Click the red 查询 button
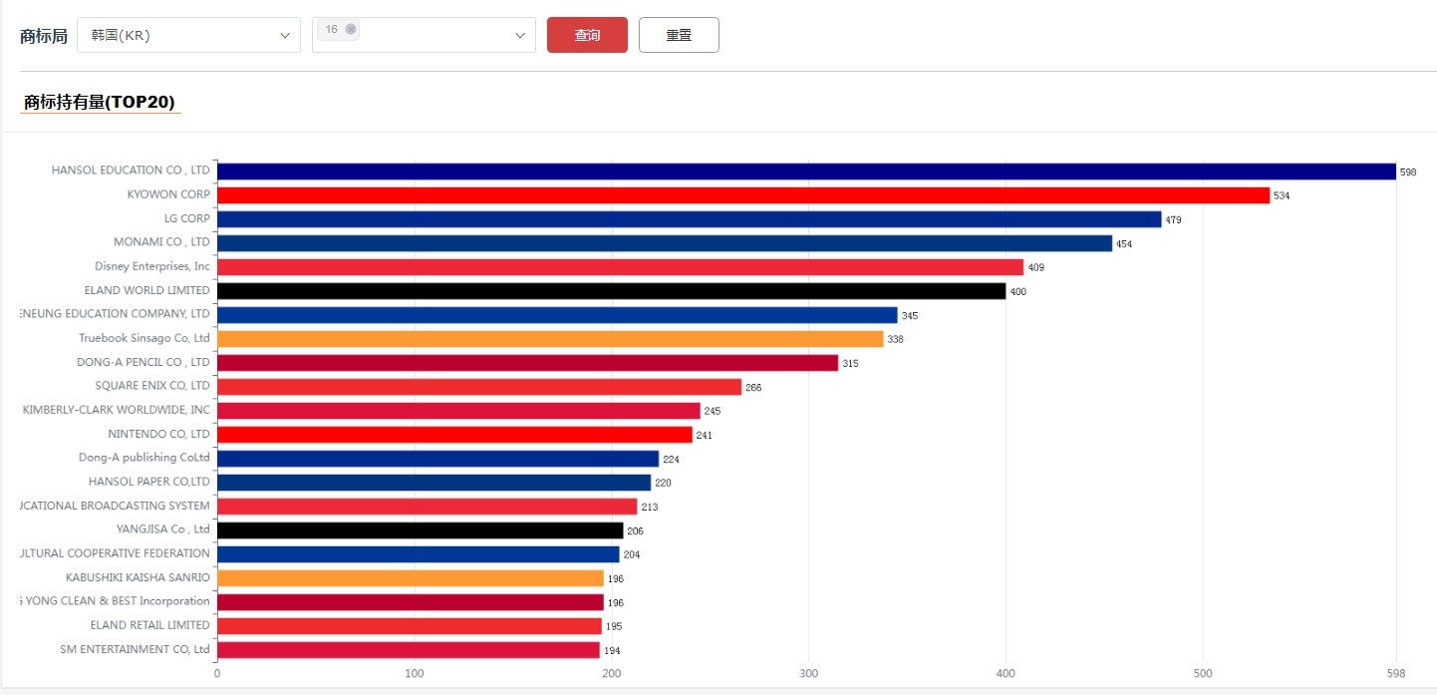pos(587,35)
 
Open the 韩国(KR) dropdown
pos(188,35)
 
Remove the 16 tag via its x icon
pos(351,29)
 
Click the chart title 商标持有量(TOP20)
pos(100,102)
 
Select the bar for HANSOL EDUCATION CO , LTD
pos(806,172)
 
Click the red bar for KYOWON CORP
pos(742,195)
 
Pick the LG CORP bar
pos(689,219)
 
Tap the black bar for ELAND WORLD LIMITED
pos(611,291)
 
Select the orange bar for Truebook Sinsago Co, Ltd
pos(550,339)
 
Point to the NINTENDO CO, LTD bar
pos(454,435)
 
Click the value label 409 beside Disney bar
pos(1036,267)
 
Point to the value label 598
pos(1408,173)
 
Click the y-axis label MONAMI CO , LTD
pos(161,242)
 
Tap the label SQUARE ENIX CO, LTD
pos(152,386)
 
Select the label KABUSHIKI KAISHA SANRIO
pos(138,577)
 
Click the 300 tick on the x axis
pos(809,673)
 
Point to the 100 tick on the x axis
pos(415,673)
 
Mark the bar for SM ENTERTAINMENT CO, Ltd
pos(409,650)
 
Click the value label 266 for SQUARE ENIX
pos(753,387)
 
